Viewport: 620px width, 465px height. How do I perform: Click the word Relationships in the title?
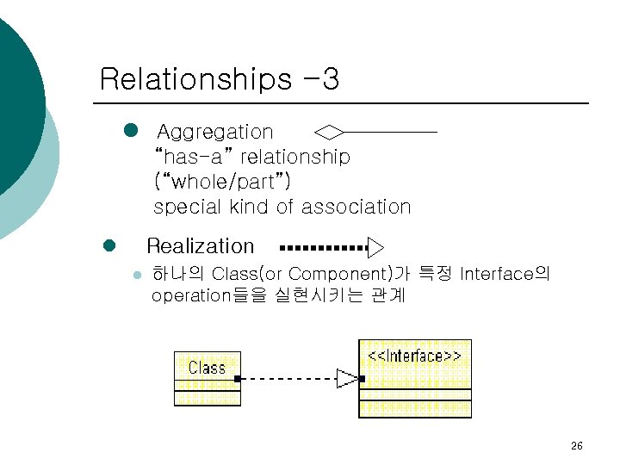pos(195,80)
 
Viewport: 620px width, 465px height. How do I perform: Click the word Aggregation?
pos(215,133)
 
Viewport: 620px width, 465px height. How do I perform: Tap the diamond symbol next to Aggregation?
pos(329,132)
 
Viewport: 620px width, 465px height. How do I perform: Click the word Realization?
pos(201,246)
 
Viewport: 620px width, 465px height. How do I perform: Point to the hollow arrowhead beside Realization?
pos(375,248)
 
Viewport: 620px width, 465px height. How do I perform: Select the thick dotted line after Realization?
pos(324,248)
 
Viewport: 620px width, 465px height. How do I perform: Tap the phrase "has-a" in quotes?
pos(194,158)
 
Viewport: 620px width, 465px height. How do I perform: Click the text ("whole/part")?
pos(221,183)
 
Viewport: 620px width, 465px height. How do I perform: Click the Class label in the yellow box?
pos(207,368)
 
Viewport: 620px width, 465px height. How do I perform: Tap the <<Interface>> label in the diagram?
pos(414,356)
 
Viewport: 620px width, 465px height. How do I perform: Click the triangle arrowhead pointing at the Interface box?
pos(347,378)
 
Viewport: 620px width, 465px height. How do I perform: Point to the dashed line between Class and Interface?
pos(288,378)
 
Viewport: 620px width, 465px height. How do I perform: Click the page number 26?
pos(577,446)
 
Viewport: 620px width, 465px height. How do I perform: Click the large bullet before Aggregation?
pos(131,131)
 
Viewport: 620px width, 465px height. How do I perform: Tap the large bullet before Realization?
pos(109,246)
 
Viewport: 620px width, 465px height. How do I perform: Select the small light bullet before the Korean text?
pos(135,276)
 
